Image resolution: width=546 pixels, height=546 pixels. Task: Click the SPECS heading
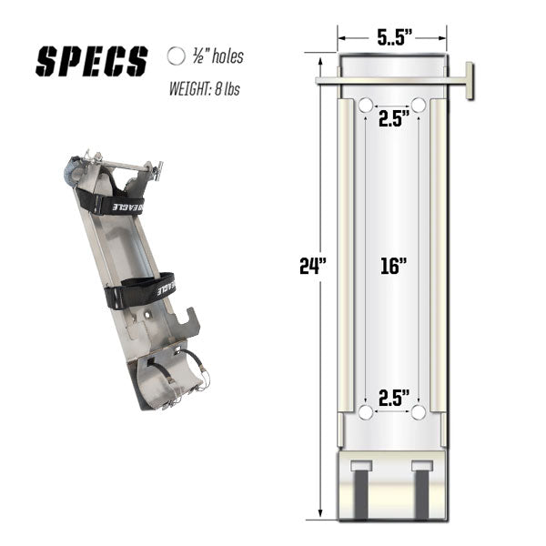91,60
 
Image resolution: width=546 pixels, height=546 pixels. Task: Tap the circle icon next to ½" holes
176,56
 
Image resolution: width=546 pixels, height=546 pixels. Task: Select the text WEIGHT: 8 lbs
209,89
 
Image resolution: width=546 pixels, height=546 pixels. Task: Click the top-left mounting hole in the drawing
365,106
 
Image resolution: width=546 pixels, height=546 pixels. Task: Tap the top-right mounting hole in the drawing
419,106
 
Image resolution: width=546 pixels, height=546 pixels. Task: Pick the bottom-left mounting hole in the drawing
365,413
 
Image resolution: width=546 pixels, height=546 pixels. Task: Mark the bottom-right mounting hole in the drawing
419,413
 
